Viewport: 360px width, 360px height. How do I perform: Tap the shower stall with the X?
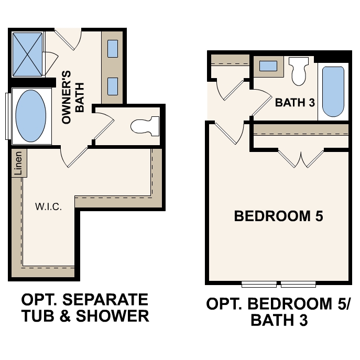coord(28,54)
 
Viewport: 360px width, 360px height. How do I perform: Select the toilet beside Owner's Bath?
coord(145,126)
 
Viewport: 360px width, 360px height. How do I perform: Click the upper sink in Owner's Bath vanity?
coord(113,49)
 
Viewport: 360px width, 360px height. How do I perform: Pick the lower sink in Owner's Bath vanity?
coord(113,85)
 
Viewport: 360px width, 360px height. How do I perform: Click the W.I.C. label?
coord(49,206)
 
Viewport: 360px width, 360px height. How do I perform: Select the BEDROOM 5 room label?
coord(278,216)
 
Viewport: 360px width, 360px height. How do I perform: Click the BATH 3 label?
coord(294,102)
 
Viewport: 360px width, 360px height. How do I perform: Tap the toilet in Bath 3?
coord(299,72)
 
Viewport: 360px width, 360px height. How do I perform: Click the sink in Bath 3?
coord(269,66)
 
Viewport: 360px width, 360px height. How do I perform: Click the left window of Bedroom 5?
coord(259,285)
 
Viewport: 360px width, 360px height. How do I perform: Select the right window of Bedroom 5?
coord(298,285)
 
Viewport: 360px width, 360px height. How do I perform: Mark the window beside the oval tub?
coord(7,116)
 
